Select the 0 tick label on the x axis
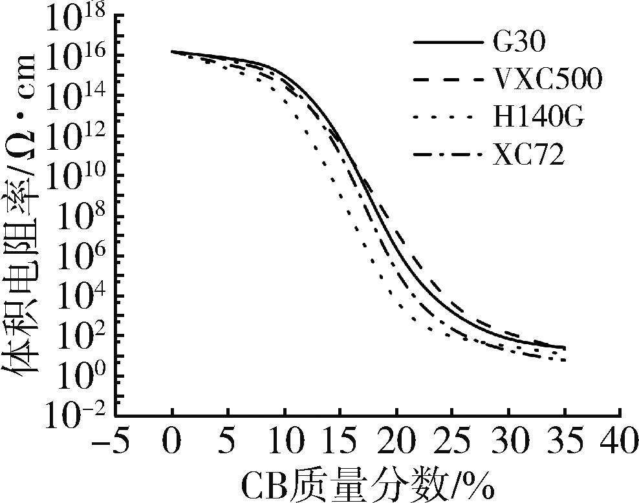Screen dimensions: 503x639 click(172, 445)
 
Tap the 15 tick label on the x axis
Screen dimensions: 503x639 click(340, 445)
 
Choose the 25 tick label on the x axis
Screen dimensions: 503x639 click(452, 445)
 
